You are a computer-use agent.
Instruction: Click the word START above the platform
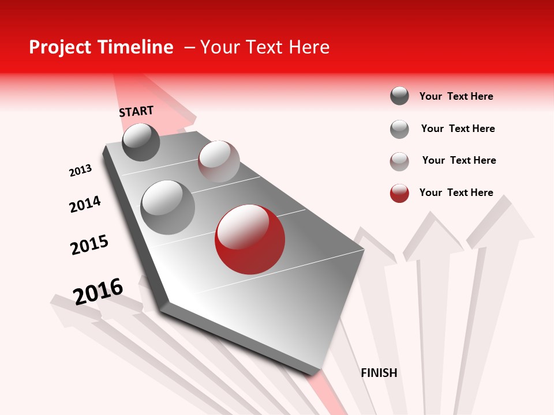pos(136,111)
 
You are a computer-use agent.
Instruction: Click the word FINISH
pos(379,373)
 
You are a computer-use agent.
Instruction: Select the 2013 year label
pos(80,171)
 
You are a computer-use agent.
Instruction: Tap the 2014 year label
pos(85,204)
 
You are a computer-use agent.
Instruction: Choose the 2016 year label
pos(98,291)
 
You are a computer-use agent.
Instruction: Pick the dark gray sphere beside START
pos(141,142)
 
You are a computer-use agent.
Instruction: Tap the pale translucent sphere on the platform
pos(219,161)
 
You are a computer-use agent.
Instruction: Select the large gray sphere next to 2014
pos(167,207)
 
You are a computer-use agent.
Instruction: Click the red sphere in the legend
pos(399,193)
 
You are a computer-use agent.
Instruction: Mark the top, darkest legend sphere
pos(399,96)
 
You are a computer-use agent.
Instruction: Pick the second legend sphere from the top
pos(399,129)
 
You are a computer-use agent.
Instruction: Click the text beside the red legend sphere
pos(456,193)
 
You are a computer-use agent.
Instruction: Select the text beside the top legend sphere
pos(456,96)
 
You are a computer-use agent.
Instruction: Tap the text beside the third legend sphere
pos(459,160)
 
